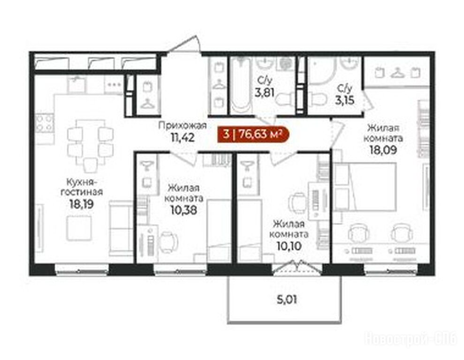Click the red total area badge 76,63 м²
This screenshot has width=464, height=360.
pyautogui.click(x=253, y=135)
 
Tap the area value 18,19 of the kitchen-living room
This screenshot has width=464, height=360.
pyautogui.click(x=81, y=204)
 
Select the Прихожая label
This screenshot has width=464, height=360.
pyautogui.click(x=183, y=126)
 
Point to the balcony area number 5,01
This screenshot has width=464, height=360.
pyautogui.click(x=287, y=300)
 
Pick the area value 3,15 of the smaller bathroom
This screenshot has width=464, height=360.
pyautogui.click(x=344, y=100)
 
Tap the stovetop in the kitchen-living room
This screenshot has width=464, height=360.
pyautogui.click(x=45, y=123)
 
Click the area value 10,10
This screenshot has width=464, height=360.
pyautogui.click(x=289, y=246)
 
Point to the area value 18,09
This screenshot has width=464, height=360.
pyautogui.click(x=383, y=150)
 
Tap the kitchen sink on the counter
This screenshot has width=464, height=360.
pyautogui.click(x=77, y=84)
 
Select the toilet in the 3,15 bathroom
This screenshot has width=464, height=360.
pyautogui.click(x=317, y=98)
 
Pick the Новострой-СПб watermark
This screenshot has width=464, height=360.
pyautogui.click(x=411, y=338)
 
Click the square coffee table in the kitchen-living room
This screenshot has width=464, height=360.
pyautogui.click(x=79, y=228)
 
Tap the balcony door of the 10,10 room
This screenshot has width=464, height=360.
pyautogui.click(x=297, y=268)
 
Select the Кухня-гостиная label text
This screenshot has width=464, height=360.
pyautogui.click(x=82, y=187)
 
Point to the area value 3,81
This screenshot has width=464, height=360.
pyautogui.click(x=265, y=92)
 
